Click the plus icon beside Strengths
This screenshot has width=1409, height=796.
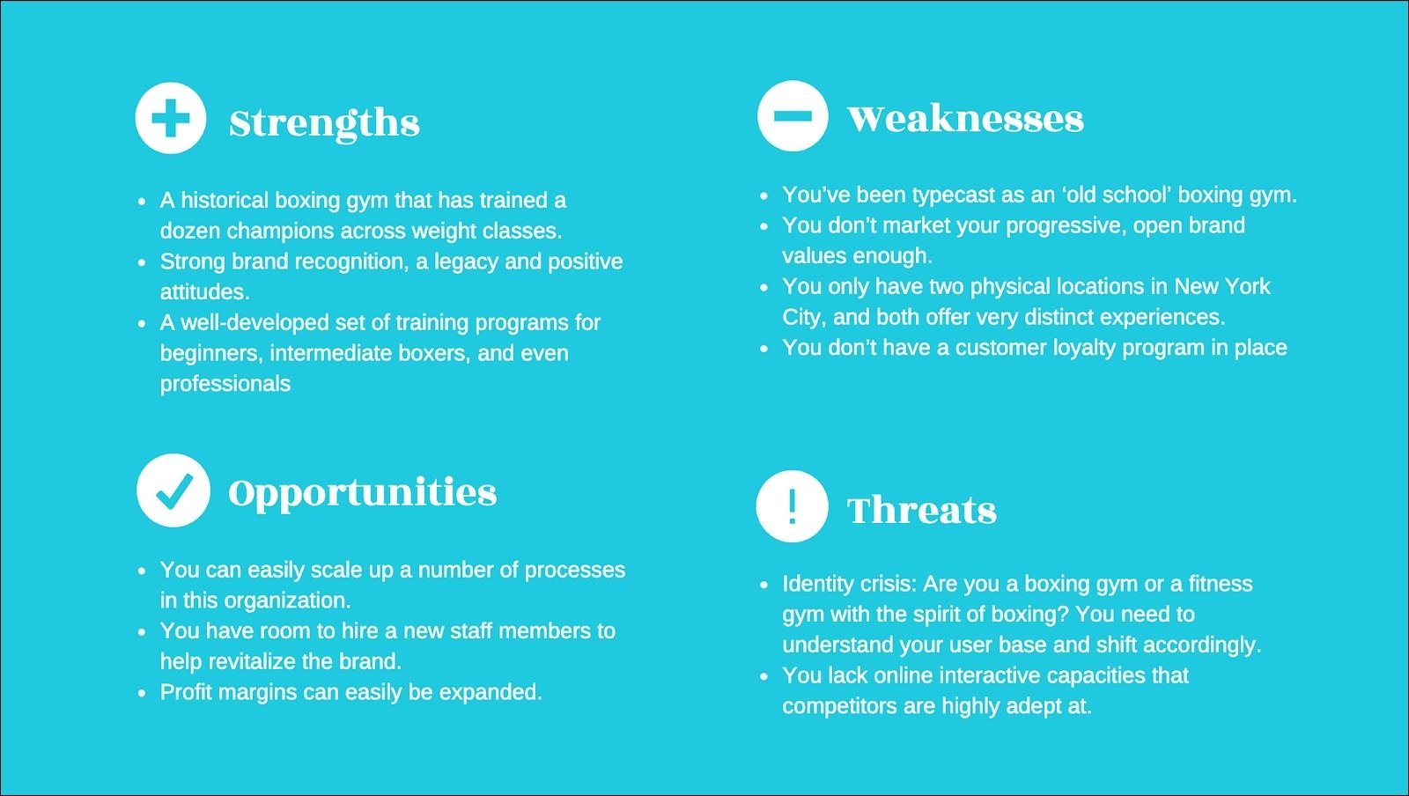(x=171, y=118)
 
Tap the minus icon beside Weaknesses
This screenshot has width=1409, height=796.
(x=793, y=115)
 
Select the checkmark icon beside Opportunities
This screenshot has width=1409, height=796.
(x=173, y=490)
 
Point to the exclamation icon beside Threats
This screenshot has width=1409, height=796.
(x=792, y=506)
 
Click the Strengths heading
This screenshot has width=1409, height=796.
(x=325, y=123)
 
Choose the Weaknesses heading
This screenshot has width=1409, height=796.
(x=965, y=118)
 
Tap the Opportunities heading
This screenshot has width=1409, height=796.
(x=362, y=494)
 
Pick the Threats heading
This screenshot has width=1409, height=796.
(x=922, y=510)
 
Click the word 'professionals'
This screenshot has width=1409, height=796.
(x=225, y=384)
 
